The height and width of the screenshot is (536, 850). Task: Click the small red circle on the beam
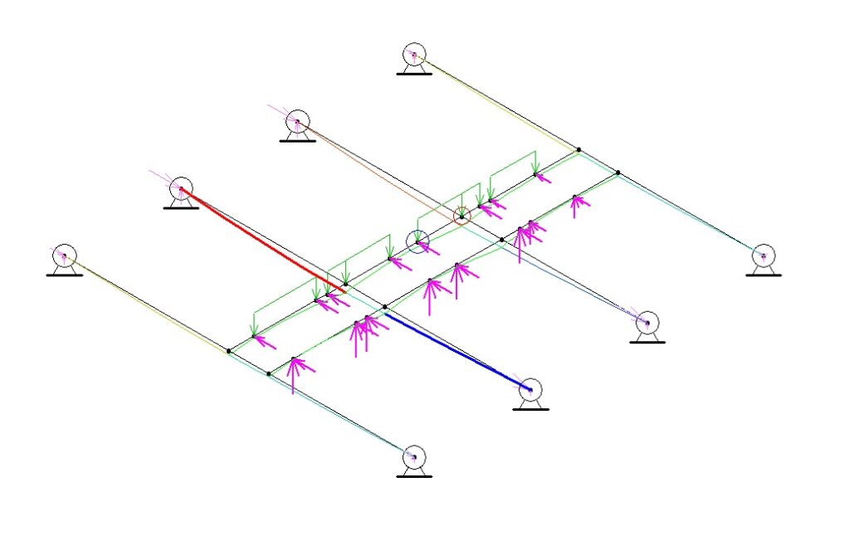point(462,217)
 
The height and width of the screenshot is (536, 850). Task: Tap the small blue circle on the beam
point(417,242)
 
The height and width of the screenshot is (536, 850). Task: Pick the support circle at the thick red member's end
point(181,189)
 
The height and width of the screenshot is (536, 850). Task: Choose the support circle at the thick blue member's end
point(530,388)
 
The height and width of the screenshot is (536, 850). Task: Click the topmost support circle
point(413,55)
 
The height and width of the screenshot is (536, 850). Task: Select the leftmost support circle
point(64,256)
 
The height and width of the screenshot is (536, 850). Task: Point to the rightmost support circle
point(763,256)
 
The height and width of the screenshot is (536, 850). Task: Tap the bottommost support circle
point(413,456)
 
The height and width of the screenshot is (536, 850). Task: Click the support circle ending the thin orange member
point(297,122)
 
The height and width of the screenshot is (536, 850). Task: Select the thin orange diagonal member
point(374,167)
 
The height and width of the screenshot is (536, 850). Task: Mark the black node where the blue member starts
point(385,308)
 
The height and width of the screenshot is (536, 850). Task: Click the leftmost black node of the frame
point(229,352)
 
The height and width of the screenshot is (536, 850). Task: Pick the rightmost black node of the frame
point(618,173)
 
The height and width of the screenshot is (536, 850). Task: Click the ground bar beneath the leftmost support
point(64,275)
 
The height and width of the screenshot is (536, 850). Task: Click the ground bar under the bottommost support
point(413,475)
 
